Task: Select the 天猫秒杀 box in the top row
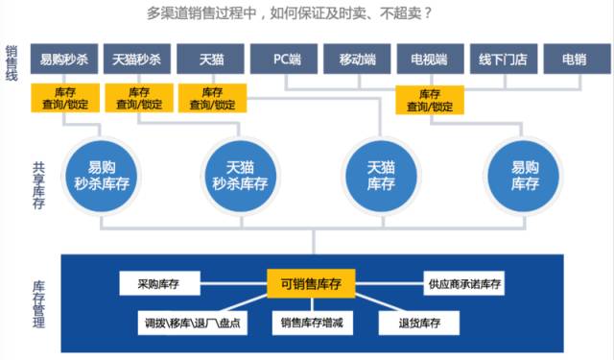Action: tap(136, 60)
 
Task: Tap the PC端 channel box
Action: tap(286, 60)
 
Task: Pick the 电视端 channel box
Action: tap(429, 60)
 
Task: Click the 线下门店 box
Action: tap(503, 60)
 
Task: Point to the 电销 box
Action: tap(576, 60)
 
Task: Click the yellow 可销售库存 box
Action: tap(311, 283)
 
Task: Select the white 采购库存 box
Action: tap(159, 283)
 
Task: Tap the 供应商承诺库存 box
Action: tap(464, 283)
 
